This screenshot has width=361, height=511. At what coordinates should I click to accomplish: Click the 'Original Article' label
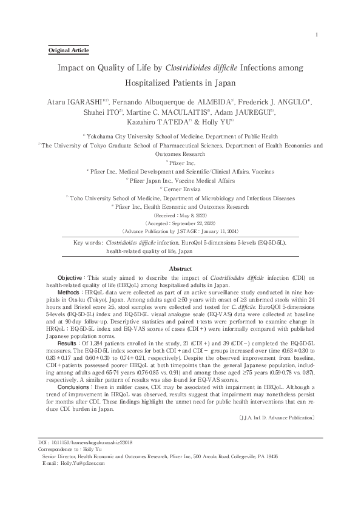[x=68, y=50]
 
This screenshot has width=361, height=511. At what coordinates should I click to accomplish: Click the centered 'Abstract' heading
[x=180, y=268]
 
